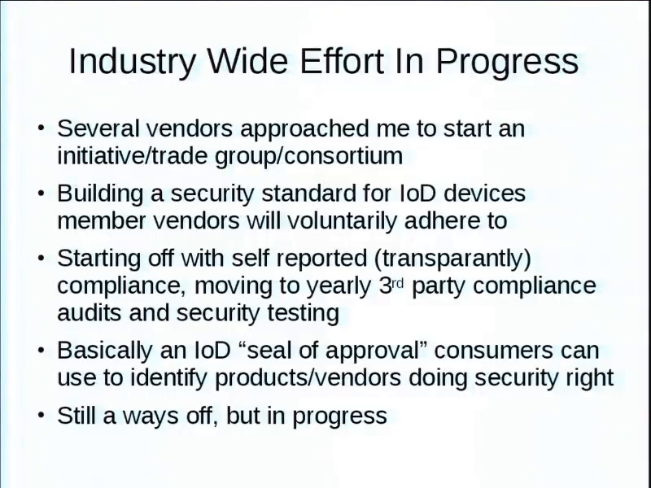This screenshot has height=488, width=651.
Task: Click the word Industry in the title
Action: coord(132,62)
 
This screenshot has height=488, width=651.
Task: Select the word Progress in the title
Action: coord(507,62)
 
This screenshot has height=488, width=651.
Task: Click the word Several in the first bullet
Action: coord(98,129)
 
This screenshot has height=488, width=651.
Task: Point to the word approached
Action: coord(304,129)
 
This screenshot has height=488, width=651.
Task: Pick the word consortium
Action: coord(344,155)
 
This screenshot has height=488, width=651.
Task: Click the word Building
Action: coord(100,194)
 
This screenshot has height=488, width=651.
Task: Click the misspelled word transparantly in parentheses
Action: coord(453,259)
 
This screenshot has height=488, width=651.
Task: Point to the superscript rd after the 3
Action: coord(397,283)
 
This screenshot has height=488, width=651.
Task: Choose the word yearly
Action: coord(339,286)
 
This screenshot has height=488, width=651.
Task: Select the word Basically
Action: coord(105,351)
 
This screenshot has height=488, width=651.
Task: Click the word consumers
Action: coord(494,351)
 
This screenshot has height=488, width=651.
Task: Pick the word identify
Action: coord(168,378)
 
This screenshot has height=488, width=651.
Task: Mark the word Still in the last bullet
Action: coord(76,415)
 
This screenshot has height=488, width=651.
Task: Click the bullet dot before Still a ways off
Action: coord(41,415)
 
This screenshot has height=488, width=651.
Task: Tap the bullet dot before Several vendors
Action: coord(41,128)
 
